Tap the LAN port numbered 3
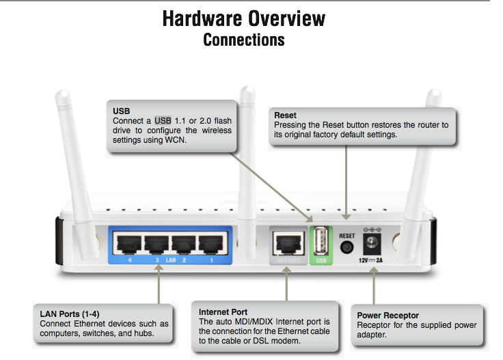(156, 244)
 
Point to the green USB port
(319, 241)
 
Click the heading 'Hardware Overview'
(244, 18)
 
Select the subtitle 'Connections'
(244, 40)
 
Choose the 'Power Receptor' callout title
(388, 316)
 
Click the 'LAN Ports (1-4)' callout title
(70, 314)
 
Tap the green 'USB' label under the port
(319, 260)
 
